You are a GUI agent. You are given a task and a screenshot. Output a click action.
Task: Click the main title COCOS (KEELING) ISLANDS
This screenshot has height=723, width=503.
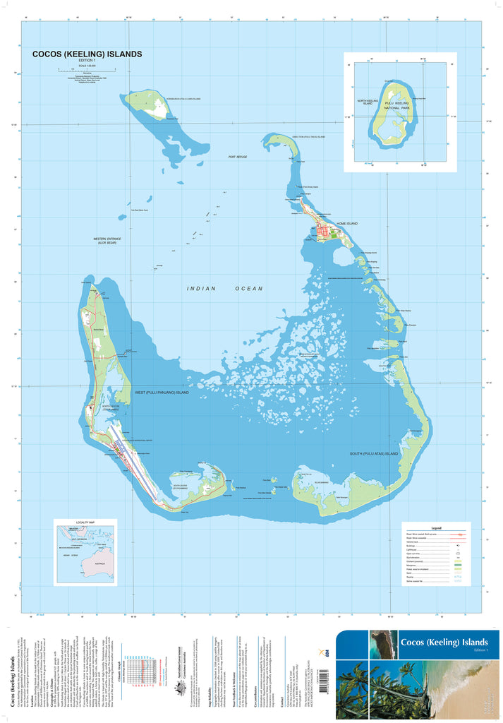pos(87,54)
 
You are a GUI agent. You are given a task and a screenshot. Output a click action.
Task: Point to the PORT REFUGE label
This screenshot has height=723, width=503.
pos(238,157)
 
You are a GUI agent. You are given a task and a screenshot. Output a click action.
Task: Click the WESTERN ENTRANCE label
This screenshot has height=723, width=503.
pos(107,241)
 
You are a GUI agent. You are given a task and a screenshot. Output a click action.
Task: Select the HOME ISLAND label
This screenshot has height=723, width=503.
pos(347,224)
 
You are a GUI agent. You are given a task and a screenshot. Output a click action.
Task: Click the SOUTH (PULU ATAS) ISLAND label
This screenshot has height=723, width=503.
pos(374,453)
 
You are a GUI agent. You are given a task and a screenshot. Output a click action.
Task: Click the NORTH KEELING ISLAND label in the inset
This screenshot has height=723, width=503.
pos(368,103)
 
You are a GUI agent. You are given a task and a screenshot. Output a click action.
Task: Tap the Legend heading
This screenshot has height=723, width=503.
pos(436,527)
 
